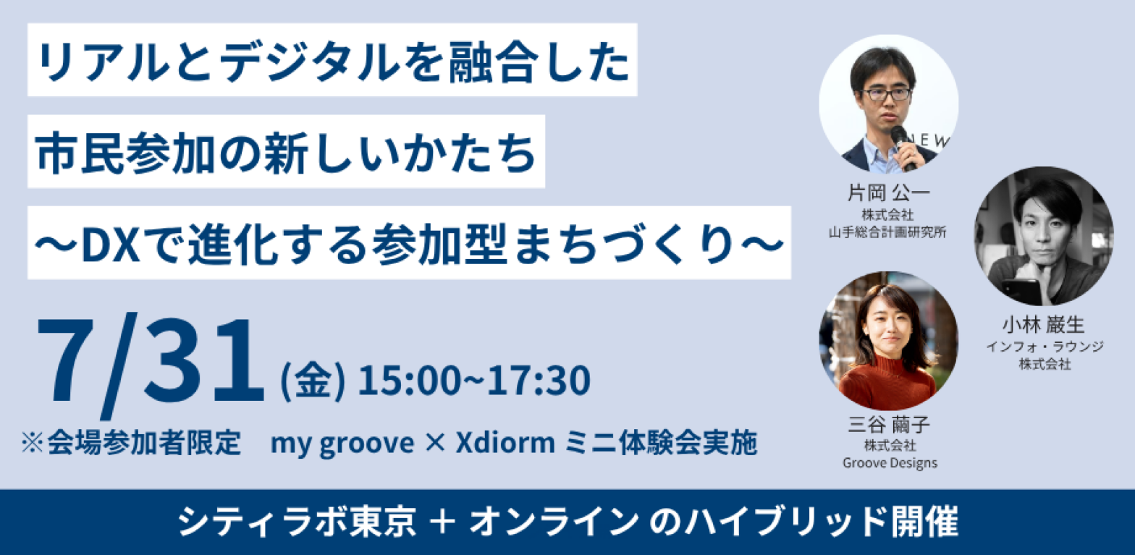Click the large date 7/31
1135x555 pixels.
coord(151,365)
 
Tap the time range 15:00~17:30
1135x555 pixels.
coord(474,381)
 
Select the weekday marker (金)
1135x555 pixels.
coord(313,381)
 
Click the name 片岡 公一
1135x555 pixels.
coord(888,192)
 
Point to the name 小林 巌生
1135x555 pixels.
coord(1043,325)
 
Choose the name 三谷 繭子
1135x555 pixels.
coord(889,424)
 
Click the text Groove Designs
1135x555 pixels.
coord(890,463)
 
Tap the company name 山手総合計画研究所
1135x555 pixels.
coord(887,232)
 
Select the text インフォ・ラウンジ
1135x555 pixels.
coord(1045,347)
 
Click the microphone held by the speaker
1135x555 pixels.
coord(903,147)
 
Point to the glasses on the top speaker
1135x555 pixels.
coord(886,94)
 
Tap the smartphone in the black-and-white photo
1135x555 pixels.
coord(1019,292)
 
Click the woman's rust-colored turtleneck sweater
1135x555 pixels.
coord(887,382)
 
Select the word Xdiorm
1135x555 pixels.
coord(505,443)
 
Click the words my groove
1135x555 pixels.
coord(342,444)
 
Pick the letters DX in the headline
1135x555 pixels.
coord(111,245)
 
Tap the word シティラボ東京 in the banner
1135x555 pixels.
coord(297,522)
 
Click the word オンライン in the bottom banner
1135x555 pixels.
coord(554,522)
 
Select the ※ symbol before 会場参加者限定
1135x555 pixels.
coord(33,443)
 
